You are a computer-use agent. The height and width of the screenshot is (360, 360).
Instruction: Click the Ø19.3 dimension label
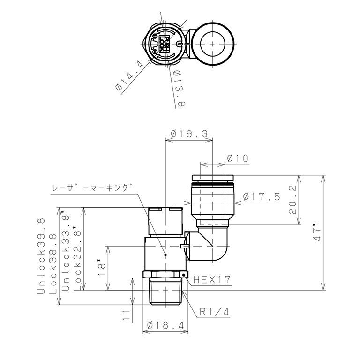[x=189, y=134]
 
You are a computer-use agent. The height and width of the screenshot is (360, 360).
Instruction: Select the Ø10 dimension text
[x=238, y=158]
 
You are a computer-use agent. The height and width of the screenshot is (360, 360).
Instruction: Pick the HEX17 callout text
[x=213, y=280]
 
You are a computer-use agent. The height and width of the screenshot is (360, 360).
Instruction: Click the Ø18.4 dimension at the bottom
[x=166, y=325]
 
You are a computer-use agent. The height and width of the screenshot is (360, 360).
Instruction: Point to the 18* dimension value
[x=102, y=268]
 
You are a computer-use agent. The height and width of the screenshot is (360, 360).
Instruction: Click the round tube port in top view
[x=213, y=43]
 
